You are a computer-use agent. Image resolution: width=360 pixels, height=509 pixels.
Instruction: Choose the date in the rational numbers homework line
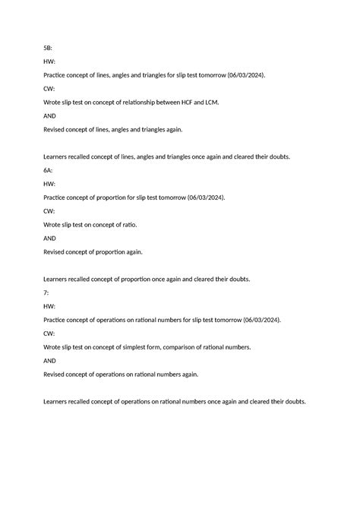257,320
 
